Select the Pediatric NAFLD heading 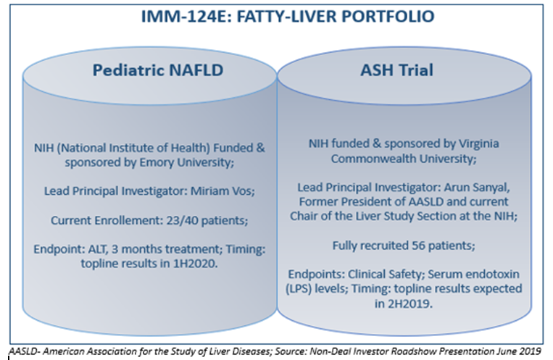click(x=158, y=70)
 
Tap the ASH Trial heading click(x=396, y=70)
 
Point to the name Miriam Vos click(x=223, y=191)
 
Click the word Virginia click(x=479, y=144)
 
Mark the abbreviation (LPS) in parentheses click(x=299, y=288)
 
